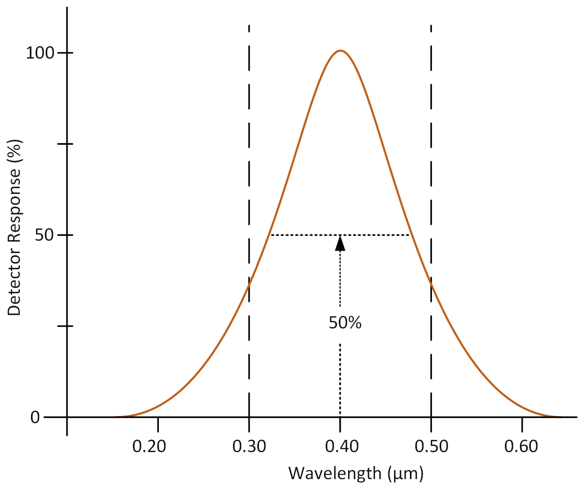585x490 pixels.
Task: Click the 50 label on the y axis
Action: click(x=44, y=235)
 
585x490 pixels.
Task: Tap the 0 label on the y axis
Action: click(x=35, y=417)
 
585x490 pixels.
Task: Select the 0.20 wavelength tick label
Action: click(x=149, y=446)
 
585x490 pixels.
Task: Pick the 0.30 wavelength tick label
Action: click(x=249, y=446)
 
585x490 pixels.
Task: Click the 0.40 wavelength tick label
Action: click(x=341, y=446)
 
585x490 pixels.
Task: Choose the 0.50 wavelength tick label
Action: click(x=431, y=446)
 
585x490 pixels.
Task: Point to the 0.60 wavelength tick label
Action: click(x=521, y=446)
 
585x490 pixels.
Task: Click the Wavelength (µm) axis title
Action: click(x=356, y=473)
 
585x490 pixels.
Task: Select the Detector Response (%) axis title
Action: click(x=14, y=227)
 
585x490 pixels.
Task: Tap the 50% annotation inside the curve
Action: click(x=345, y=323)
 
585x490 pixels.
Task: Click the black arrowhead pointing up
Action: click(x=340, y=243)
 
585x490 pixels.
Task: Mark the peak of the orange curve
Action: click(x=340, y=51)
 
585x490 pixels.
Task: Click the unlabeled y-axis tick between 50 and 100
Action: click(x=66, y=144)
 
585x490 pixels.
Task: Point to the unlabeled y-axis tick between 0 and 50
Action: click(x=66, y=326)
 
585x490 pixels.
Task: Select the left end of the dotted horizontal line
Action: click(x=271, y=235)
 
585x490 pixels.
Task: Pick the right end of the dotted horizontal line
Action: click(x=409, y=235)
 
